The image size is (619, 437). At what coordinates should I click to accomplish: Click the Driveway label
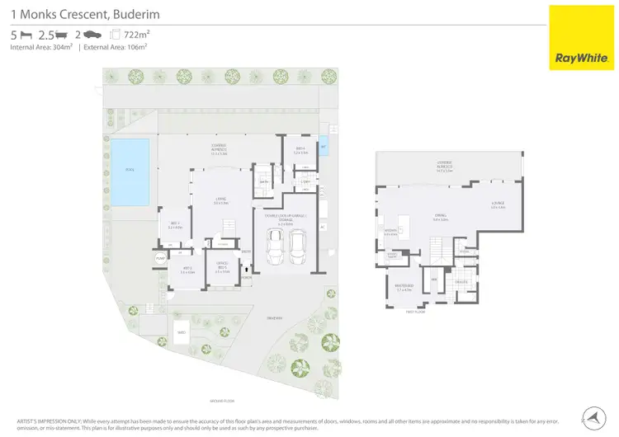coord(274,317)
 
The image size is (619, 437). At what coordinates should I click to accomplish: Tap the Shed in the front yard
coord(182,334)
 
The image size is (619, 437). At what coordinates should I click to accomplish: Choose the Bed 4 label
coord(301,151)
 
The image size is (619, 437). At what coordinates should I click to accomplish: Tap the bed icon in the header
coord(26,35)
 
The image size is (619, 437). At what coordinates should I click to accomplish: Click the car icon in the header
coord(92,35)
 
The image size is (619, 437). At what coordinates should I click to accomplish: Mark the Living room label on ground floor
coord(221,200)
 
